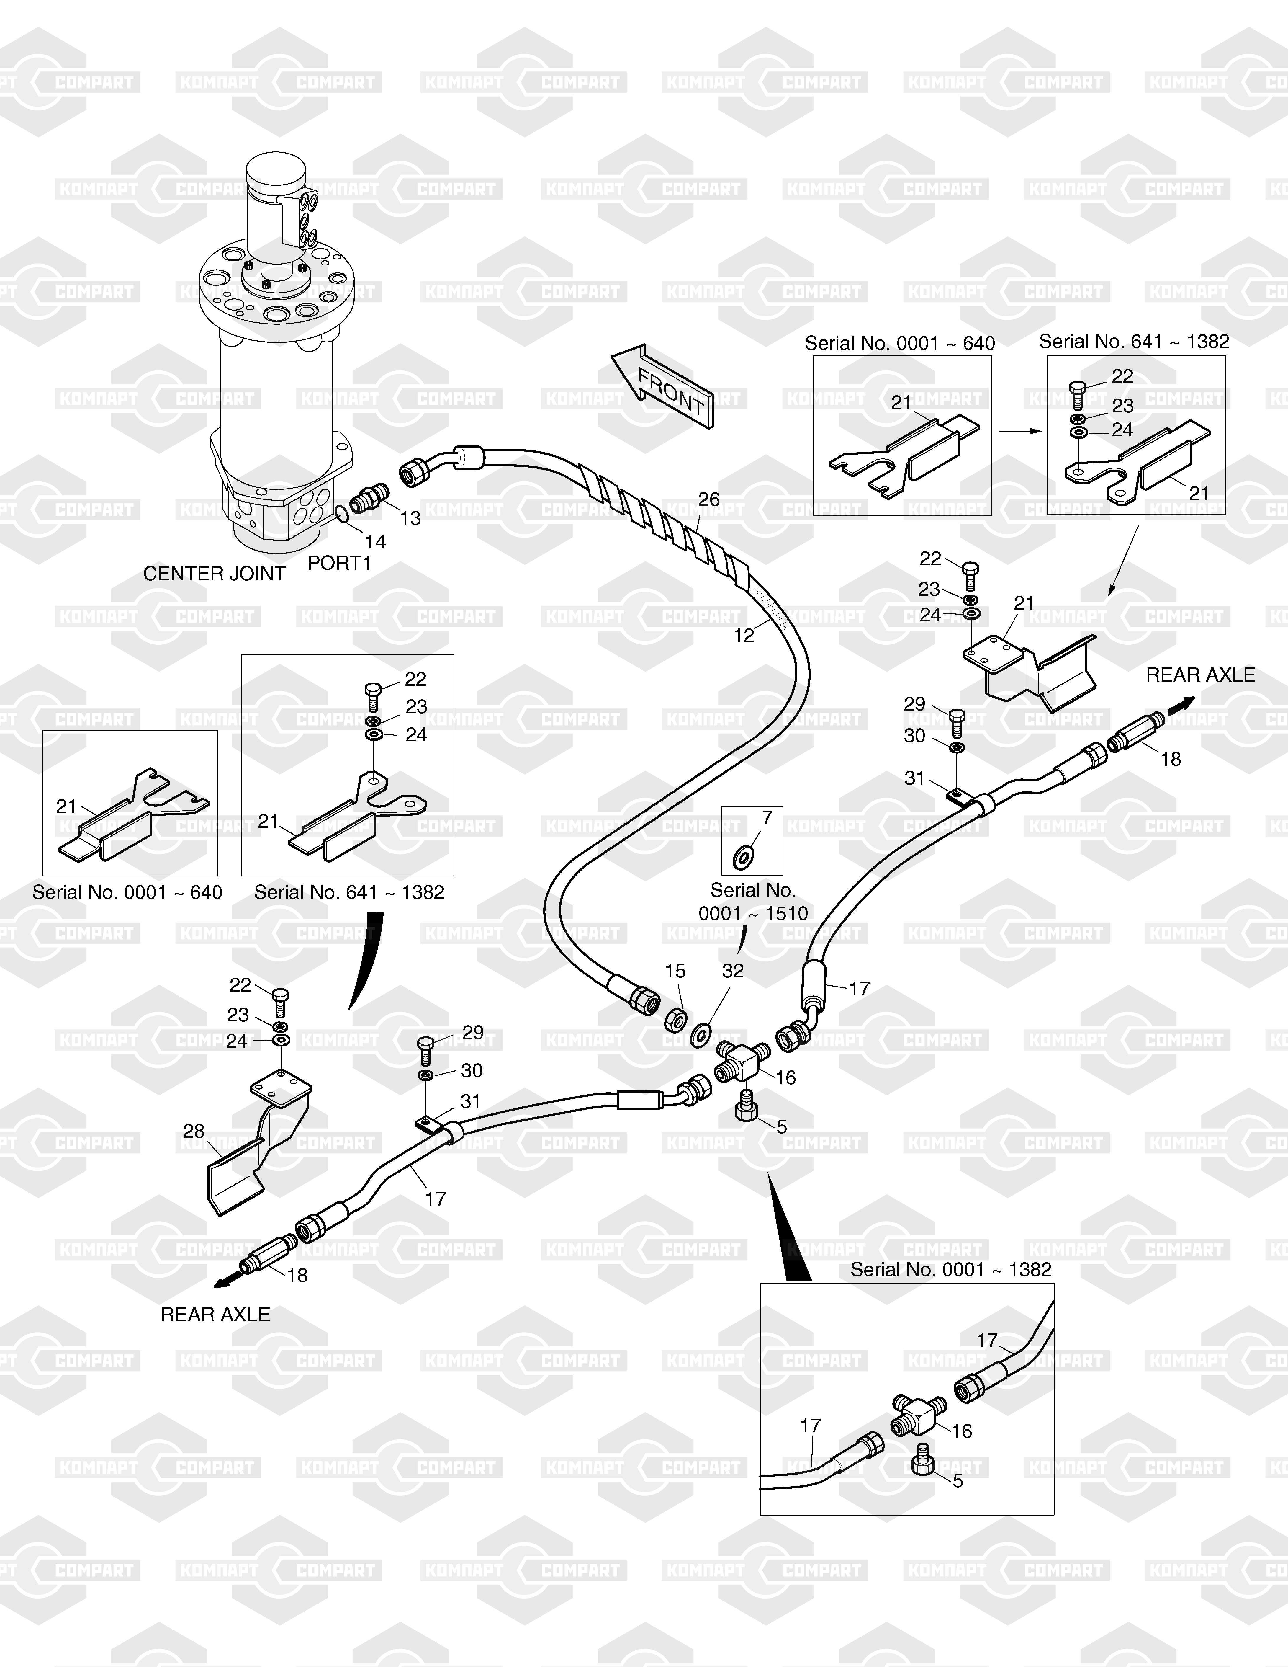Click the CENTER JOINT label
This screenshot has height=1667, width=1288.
[215, 574]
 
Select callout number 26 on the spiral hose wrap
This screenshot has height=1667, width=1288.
[709, 499]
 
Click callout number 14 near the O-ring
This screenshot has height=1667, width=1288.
[375, 542]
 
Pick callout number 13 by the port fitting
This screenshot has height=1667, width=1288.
[410, 518]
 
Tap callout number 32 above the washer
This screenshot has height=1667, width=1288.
[732, 971]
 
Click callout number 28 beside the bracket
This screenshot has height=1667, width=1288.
[194, 1131]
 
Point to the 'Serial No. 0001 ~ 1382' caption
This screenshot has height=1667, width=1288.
[951, 1269]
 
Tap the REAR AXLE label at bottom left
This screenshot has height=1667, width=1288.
[215, 1314]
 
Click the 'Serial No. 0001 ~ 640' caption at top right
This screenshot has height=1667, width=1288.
[900, 344]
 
